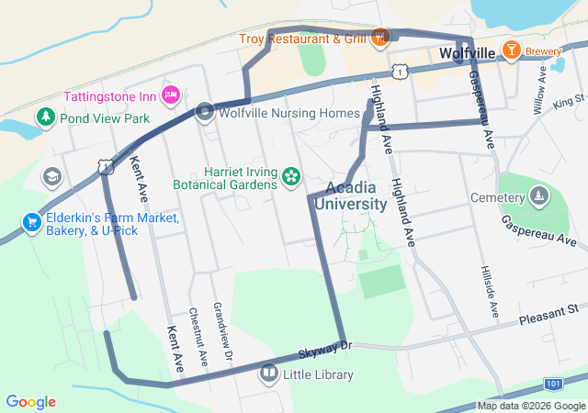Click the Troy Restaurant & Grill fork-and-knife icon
pos(381,38)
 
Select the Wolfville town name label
pos(468,54)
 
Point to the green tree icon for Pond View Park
pos(45,117)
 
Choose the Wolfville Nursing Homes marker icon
pos(205,113)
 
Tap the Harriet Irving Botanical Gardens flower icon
pos(291,175)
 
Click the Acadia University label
pos(350,195)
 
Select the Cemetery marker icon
pos(539,195)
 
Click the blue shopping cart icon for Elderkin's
pos(32,222)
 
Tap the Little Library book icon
pos(268,373)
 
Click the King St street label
pos(569,104)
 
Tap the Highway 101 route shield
pos(552,383)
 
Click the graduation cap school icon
pos(52,175)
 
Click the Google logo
pos(30,402)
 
